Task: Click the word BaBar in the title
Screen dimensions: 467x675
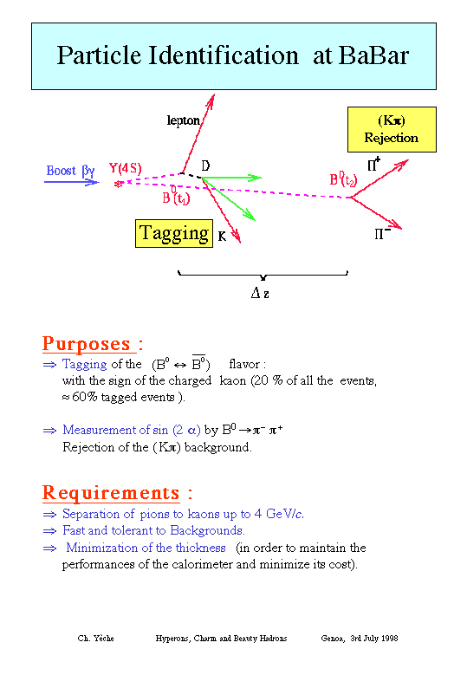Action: coord(373,55)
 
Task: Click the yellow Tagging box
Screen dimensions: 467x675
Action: coord(174,233)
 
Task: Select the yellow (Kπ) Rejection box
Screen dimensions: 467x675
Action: coord(392,129)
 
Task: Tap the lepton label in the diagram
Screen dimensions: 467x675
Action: coord(184,120)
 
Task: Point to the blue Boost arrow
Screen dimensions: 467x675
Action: coord(72,182)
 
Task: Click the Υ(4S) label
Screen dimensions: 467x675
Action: coord(126,168)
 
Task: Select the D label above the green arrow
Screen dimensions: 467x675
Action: coord(205,166)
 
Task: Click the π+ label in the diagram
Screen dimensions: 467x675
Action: coord(373,164)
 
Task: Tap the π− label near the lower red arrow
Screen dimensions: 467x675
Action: coord(382,234)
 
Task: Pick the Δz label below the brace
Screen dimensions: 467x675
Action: coord(260,294)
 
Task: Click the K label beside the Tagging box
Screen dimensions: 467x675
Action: coord(222,237)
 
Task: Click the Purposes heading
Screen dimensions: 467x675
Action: coord(92,343)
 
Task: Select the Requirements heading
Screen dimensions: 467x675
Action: coord(117,493)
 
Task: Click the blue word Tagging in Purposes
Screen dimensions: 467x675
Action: coord(84,365)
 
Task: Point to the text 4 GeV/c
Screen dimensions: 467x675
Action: coord(279,514)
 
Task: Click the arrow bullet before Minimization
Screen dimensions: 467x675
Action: coord(49,548)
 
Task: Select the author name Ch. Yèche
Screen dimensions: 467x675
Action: coord(95,639)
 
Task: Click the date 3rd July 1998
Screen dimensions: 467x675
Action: coord(374,639)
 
